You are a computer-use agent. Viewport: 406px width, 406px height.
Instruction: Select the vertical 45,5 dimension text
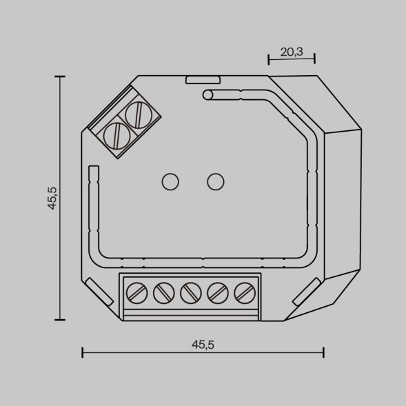click(x=52, y=198)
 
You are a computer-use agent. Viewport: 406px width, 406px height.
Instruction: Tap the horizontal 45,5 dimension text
click(x=203, y=345)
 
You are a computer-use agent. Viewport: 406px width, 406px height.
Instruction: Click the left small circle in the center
click(x=170, y=181)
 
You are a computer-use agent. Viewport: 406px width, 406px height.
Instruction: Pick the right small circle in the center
click(x=216, y=181)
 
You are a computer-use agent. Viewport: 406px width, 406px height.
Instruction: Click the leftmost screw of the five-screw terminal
click(x=137, y=294)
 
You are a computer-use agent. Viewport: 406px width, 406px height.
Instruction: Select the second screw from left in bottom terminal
click(x=163, y=294)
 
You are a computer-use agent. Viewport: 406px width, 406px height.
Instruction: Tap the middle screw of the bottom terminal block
click(x=190, y=294)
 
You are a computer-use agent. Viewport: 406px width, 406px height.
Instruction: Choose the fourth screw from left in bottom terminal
click(x=217, y=294)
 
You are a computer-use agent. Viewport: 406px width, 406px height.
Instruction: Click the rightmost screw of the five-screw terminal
click(x=243, y=294)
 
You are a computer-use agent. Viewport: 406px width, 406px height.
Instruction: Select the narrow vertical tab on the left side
click(x=94, y=178)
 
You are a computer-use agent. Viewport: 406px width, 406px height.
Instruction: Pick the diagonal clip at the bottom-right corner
click(x=305, y=290)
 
